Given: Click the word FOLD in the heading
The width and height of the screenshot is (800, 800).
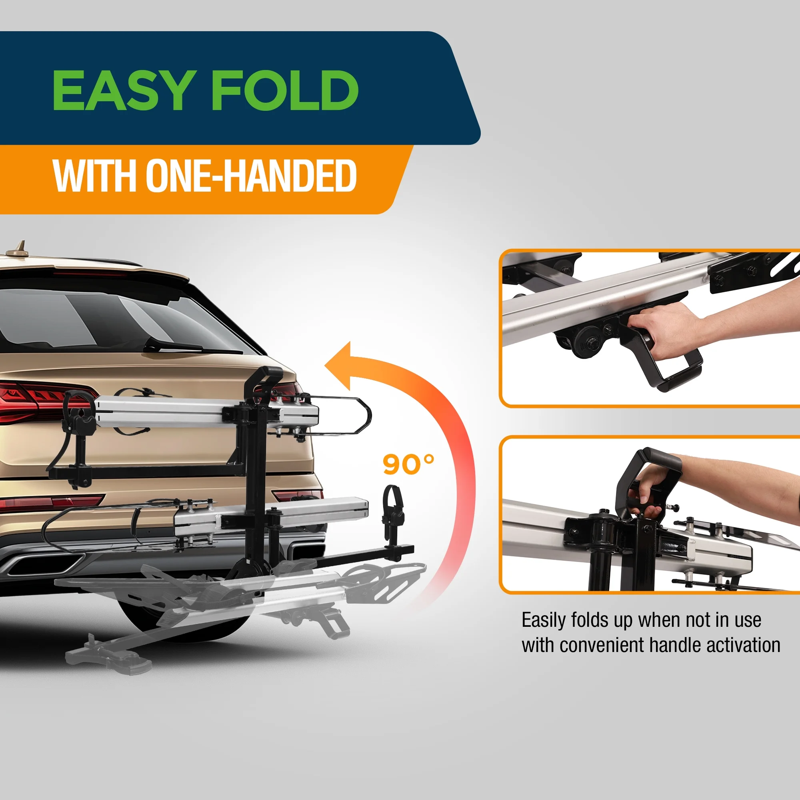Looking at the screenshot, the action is (x=285, y=90).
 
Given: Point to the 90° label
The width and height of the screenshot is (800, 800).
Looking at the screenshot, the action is (x=408, y=464).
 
